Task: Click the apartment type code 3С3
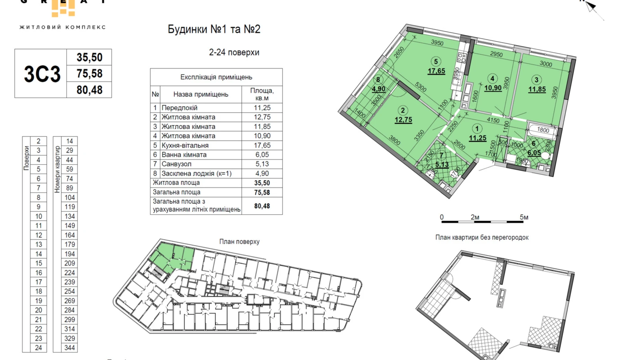pyautogui.click(x=42, y=74)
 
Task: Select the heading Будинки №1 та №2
pyautogui.click(x=214, y=29)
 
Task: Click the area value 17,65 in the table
pyautogui.click(x=262, y=145)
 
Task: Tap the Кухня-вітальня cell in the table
pyautogui.click(x=185, y=145)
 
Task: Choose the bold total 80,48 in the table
pyautogui.click(x=262, y=206)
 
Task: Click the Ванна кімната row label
pyautogui.click(x=184, y=155)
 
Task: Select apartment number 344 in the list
pyautogui.click(x=70, y=348)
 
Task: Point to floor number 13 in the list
pyautogui.click(x=38, y=244)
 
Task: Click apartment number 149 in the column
pyautogui.click(x=70, y=226)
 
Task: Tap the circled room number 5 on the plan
pyautogui.click(x=436, y=62)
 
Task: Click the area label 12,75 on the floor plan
pyautogui.click(x=403, y=120)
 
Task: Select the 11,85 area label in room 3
pyautogui.click(x=537, y=89)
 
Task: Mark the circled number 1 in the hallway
pyautogui.click(x=477, y=129)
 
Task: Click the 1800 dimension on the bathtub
pyautogui.click(x=543, y=130)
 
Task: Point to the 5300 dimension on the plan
pyautogui.click(x=421, y=87)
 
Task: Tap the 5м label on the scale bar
pyautogui.click(x=524, y=217)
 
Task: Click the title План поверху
pyautogui.click(x=239, y=242)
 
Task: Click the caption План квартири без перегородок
pyautogui.click(x=482, y=237)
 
